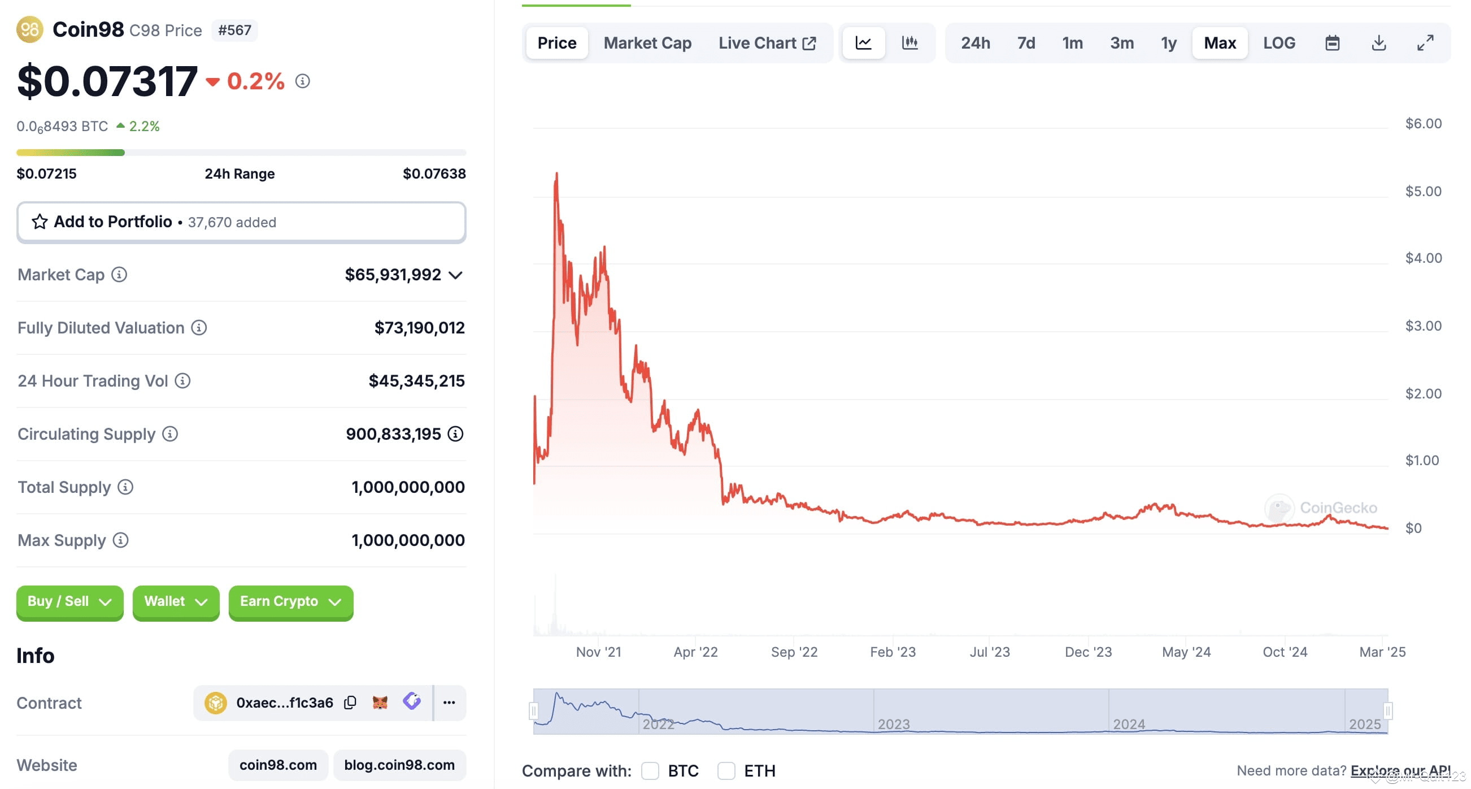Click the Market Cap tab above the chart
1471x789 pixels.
point(647,43)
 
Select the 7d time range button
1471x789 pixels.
point(1026,43)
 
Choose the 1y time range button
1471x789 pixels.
point(1168,43)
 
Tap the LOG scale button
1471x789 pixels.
point(1278,43)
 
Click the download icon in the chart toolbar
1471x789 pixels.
point(1378,43)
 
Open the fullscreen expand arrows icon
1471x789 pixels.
point(1425,43)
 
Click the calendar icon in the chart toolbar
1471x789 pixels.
point(1331,43)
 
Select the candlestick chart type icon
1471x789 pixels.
point(909,43)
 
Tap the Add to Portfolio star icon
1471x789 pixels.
point(40,222)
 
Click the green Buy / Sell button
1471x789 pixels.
point(69,601)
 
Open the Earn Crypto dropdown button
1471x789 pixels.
point(291,601)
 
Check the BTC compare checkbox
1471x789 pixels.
point(650,771)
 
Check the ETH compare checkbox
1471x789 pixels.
point(726,771)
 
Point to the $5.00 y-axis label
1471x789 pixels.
point(1423,191)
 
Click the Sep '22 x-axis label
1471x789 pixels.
point(794,652)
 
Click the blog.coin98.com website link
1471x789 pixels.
point(399,765)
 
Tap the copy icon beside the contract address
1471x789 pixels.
point(350,702)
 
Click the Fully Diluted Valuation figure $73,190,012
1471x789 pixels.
point(419,328)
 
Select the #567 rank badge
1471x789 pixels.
point(234,31)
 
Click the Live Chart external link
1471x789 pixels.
point(767,43)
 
